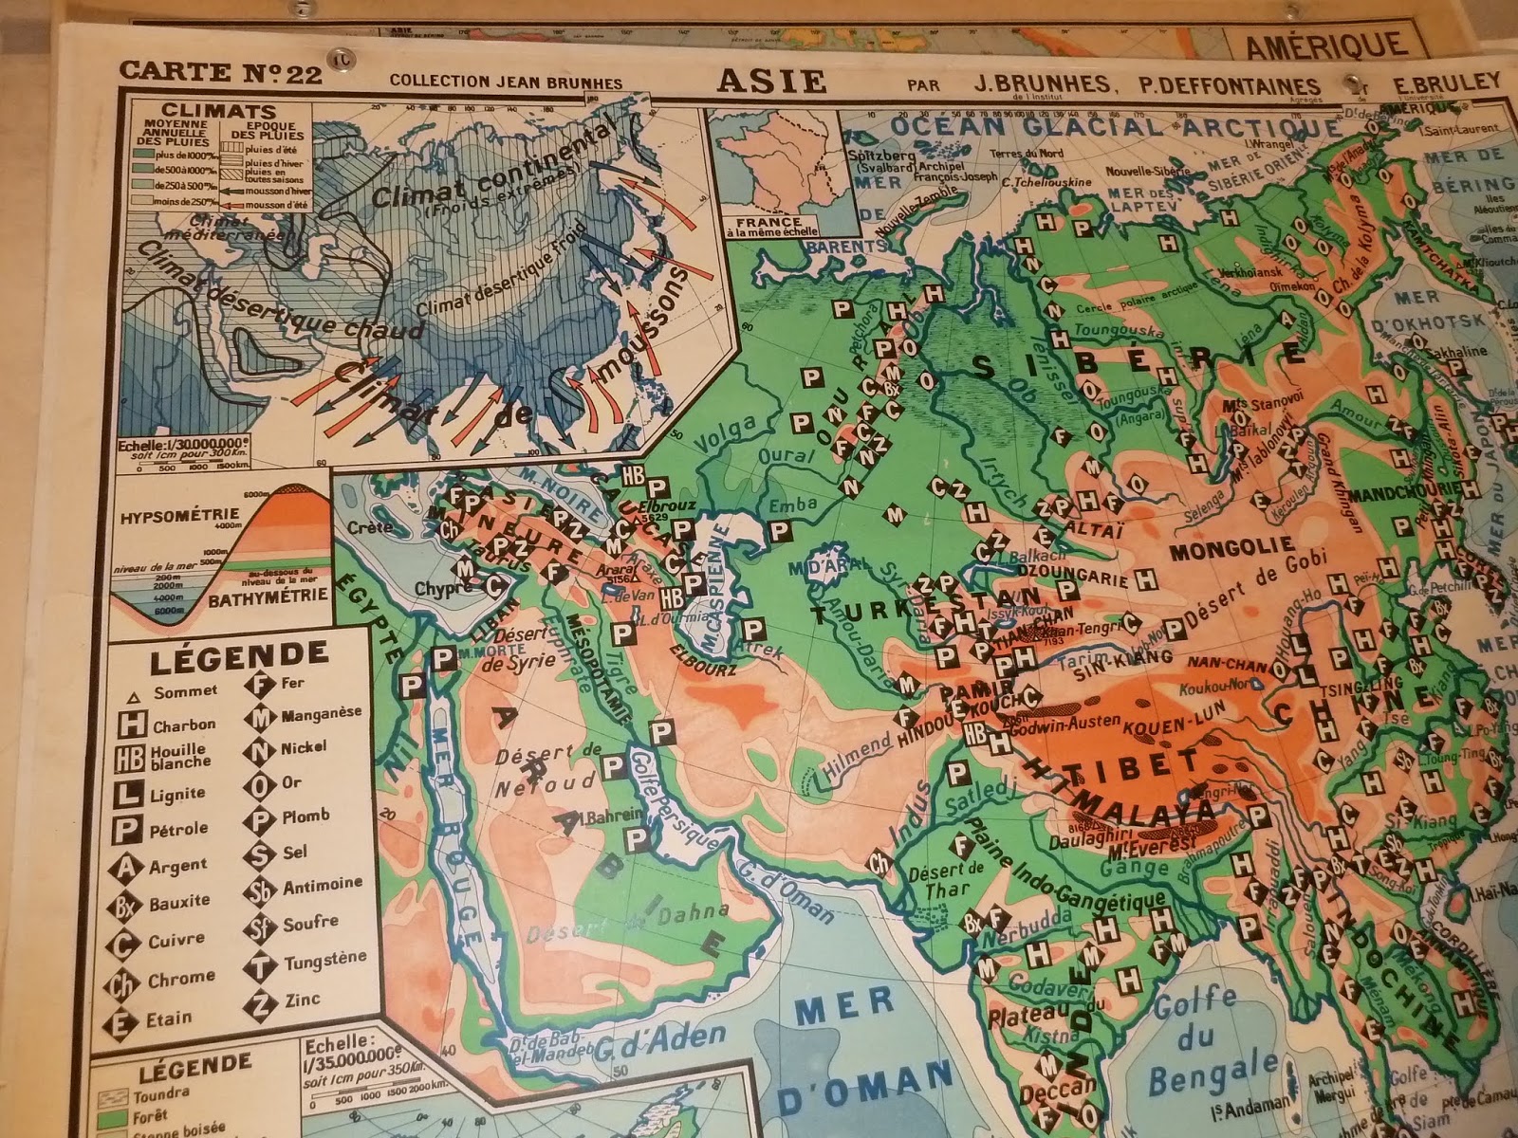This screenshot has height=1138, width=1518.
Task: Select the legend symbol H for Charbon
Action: point(135,725)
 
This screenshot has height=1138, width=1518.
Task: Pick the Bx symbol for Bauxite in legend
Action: point(135,902)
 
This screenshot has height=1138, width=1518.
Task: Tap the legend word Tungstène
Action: point(324,963)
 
